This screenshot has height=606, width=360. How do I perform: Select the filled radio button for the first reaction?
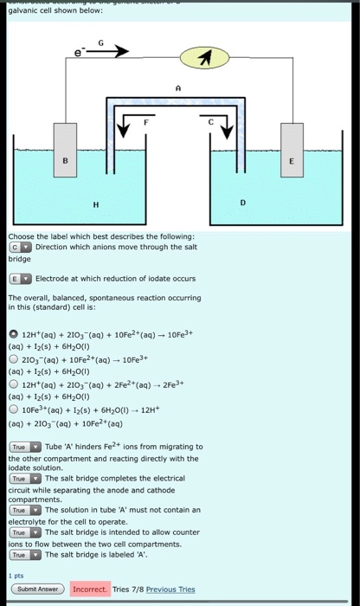point(14,334)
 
